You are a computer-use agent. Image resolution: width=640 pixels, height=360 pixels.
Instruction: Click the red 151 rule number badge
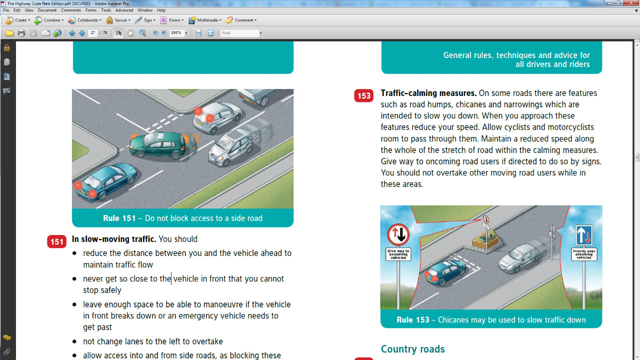click(x=57, y=242)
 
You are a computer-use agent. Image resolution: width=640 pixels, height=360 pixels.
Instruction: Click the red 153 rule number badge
click(x=363, y=95)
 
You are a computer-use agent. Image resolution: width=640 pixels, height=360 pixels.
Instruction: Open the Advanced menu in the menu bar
click(x=124, y=10)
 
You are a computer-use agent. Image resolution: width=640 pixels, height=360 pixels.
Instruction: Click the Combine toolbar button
click(x=49, y=20)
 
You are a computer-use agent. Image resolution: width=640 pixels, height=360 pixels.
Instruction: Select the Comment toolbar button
click(x=241, y=20)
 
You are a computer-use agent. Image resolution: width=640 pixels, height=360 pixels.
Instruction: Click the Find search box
click(x=239, y=33)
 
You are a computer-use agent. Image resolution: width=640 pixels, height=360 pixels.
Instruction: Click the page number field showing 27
click(x=92, y=33)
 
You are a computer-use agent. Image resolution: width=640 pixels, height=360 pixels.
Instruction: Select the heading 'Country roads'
click(x=412, y=349)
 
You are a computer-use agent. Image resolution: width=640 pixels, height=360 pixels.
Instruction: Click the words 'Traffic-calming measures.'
click(x=428, y=93)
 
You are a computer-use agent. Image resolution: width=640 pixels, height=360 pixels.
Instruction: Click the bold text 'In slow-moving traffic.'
click(x=114, y=239)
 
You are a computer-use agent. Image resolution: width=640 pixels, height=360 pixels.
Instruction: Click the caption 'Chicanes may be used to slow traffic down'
click(x=511, y=319)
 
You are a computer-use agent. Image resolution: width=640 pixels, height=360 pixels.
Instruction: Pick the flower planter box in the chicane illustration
click(x=485, y=239)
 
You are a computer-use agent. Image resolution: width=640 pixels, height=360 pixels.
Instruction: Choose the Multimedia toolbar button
click(x=205, y=20)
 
